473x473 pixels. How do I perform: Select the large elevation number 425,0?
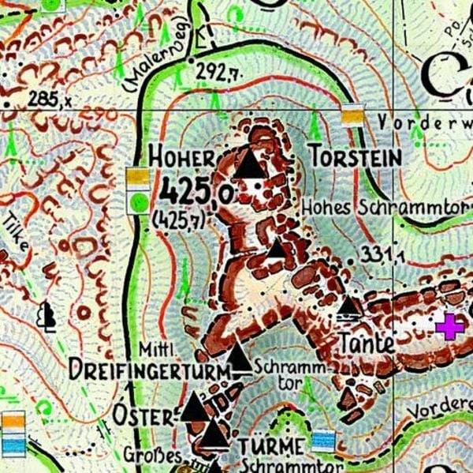(x=196, y=191)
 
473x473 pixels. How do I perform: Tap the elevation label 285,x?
(x=49, y=100)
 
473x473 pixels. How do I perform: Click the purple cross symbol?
(x=450, y=326)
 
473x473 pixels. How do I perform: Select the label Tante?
(x=367, y=344)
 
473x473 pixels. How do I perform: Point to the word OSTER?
(x=143, y=414)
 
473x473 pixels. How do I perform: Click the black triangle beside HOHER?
(x=250, y=164)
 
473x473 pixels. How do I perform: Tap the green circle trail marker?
(x=140, y=201)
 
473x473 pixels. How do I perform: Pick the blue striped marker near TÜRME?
(x=322, y=441)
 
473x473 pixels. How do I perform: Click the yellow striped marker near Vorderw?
(x=352, y=117)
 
